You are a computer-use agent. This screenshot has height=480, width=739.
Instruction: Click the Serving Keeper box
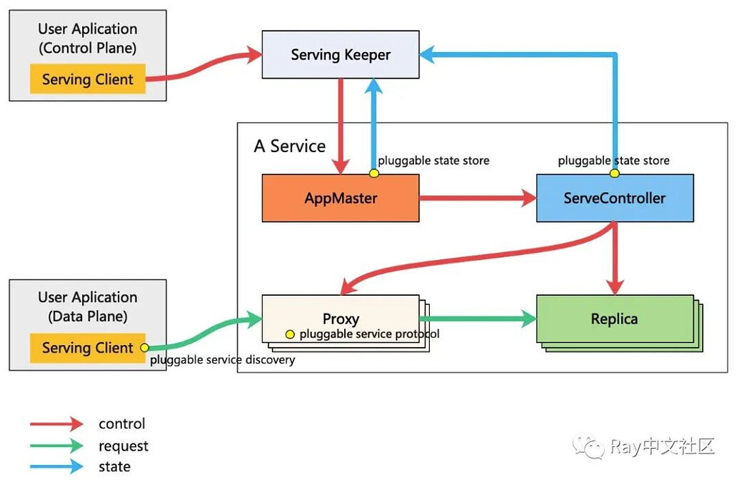pyautogui.click(x=340, y=54)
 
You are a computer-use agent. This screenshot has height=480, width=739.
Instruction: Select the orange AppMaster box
pyautogui.click(x=340, y=198)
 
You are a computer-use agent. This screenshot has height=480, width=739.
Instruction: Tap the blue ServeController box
pyautogui.click(x=614, y=198)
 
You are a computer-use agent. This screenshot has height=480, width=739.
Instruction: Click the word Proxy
pyautogui.click(x=341, y=319)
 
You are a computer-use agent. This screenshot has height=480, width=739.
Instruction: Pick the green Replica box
pyautogui.click(x=614, y=319)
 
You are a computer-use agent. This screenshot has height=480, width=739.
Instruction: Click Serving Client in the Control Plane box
pyautogui.click(x=87, y=79)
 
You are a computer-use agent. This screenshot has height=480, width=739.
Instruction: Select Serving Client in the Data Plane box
pyautogui.click(x=87, y=348)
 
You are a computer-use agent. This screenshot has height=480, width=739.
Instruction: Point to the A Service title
pyautogui.click(x=289, y=146)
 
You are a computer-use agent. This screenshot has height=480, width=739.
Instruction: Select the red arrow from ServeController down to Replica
pyautogui.click(x=615, y=257)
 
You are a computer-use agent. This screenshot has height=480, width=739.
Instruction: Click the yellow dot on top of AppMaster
pyautogui.click(x=373, y=174)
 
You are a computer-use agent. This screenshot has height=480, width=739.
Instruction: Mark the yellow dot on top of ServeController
pyautogui.click(x=614, y=174)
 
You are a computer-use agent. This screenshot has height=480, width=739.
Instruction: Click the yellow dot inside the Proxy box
pyautogui.click(x=290, y=334)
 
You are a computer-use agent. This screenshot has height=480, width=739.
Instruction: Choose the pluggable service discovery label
pyautogui.click(x=222, y=360)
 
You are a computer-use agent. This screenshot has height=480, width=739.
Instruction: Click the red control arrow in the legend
pyautogui.click(x=56, y=424)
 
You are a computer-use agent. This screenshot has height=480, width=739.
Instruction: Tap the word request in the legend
pyautogui.click(x=124, y=446)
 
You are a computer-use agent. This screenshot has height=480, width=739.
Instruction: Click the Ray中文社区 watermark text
pyautogui.click(x=661, y=447)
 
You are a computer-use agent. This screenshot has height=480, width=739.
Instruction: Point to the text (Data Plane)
pyautogui.click(x=87, y=316)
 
